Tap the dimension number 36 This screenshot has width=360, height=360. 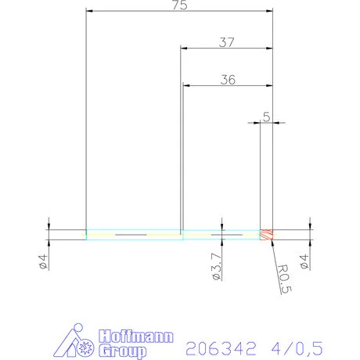coord(229,79)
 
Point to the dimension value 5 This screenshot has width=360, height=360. coord(267,117)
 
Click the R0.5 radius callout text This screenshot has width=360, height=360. coord(285,281)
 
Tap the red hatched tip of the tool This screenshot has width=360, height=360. coord(266,234)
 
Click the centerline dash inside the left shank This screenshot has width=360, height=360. coord(130,234)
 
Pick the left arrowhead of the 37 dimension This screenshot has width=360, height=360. coord(185,48)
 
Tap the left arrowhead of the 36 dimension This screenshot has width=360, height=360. coord(186,85)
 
